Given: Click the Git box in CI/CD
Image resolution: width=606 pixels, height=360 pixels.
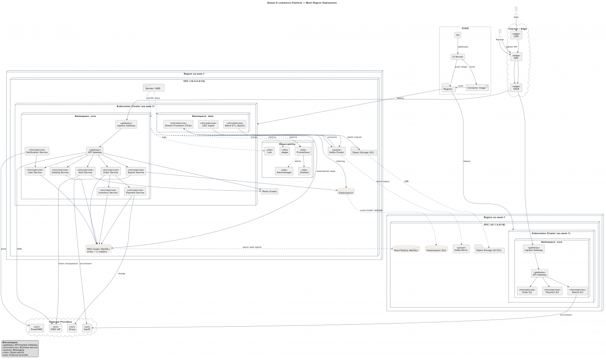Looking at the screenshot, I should tap(458, 35).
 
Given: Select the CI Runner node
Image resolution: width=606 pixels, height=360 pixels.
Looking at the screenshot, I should tap(458, 57).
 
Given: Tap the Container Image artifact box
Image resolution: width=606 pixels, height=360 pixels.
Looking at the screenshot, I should tap(477, 88).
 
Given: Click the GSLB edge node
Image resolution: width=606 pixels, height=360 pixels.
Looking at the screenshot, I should tap(516, 88).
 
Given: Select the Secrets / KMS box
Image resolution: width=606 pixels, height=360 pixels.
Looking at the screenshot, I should tap(153, 88).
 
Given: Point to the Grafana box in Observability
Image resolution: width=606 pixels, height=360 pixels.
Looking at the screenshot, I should tap(305, 170).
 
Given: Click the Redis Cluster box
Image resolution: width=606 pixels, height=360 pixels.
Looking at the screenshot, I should tap(270, 191).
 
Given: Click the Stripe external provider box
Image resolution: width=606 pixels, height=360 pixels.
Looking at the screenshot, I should tap(72, 328).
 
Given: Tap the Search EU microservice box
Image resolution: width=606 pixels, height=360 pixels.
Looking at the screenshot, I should tap(577, 291).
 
